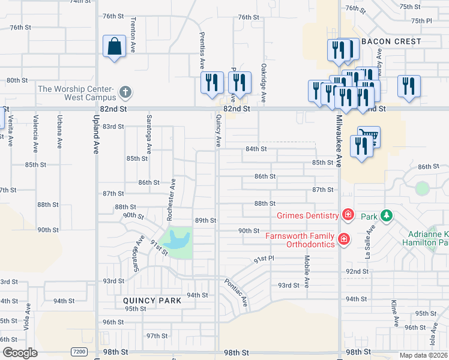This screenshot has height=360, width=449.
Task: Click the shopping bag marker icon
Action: pos(114,46)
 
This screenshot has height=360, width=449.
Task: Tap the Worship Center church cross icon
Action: pos(125,92)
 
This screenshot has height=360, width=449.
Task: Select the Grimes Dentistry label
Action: pos(308,215)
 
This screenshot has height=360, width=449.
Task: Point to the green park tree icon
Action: pos(387,215)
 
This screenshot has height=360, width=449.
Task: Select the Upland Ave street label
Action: pos(96,134)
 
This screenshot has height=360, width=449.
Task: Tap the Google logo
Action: pos(19,353)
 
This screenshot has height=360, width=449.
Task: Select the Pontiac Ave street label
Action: pos(237,292)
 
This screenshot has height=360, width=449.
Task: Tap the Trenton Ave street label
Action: pos(132,35)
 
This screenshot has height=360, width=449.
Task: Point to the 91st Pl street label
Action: pos(264,259)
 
